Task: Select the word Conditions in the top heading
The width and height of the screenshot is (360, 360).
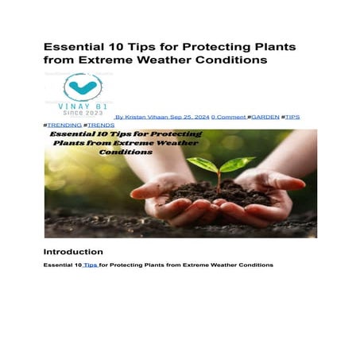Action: (x=234, y=60)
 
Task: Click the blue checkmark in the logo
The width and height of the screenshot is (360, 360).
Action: (x=82, y=87)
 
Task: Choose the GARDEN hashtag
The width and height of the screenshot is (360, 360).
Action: (x=265, y=117)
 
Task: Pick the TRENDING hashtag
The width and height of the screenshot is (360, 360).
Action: (x=64, y=125)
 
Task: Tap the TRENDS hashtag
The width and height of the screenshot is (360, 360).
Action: (x=101, y=125)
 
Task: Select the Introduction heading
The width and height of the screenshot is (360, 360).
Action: (x=74, y=251)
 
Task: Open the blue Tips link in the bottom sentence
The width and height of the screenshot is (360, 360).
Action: (x=91, y=265)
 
